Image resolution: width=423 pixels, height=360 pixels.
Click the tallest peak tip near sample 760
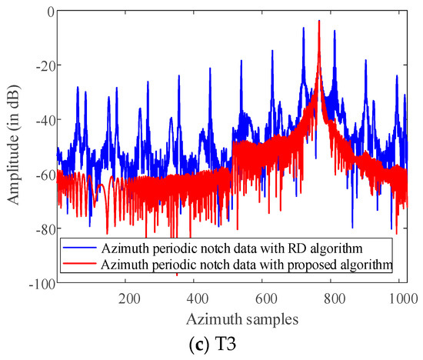tap(318, 21)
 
